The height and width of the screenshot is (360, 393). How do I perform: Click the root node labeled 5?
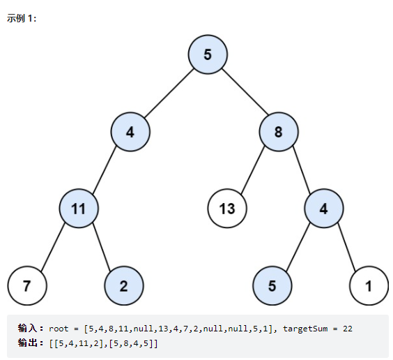(x=208, y=54)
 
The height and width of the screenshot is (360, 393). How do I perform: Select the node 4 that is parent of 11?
(x=130, y=132)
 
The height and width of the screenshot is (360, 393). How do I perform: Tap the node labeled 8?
(x=279, y=132)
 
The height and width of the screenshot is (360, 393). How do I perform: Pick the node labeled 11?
(x=79, y=209)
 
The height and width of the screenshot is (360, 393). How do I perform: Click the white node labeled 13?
(x=227, y=209)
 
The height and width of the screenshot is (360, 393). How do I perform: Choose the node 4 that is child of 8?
(x=324, y=209)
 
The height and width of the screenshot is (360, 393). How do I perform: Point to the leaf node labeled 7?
(x=27, y=286)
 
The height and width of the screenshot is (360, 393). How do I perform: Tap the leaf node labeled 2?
(x=124, y=286)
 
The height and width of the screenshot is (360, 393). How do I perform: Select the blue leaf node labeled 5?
(x=272, y=286)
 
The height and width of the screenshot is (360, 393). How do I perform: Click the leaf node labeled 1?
(x=369, y=286)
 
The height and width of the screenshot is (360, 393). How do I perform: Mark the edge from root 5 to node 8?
(x=245, y=91)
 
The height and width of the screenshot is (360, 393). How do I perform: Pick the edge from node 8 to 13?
(x=253, y=170)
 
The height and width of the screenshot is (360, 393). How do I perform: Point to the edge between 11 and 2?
(x=102, y=247)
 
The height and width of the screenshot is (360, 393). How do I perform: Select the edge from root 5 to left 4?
(x=169, y=93)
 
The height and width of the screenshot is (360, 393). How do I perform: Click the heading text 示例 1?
(x=22, y=18)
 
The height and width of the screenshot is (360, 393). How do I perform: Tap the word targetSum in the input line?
(x=305, y=329)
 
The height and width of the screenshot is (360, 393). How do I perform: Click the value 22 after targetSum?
(x=348, y=329)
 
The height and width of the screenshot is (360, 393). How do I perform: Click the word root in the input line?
(x=59, y=329)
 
